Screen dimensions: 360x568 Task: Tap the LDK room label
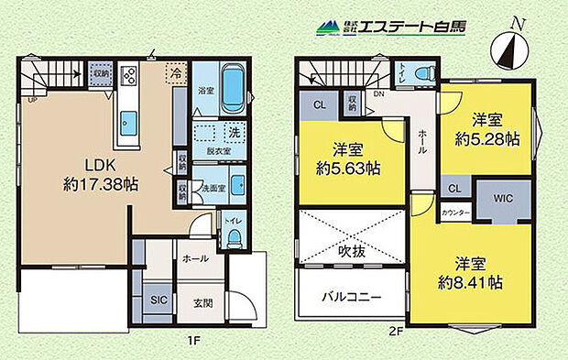click(100, 166)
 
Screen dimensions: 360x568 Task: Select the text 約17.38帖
click(100, 184)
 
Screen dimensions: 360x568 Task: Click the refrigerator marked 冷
click(174, 70)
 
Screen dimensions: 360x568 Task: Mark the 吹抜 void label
click(351, 249)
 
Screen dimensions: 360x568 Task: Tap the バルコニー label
click(351, 297)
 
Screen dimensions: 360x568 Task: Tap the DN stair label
click(378, 94)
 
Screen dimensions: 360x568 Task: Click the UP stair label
click(32, 100)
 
